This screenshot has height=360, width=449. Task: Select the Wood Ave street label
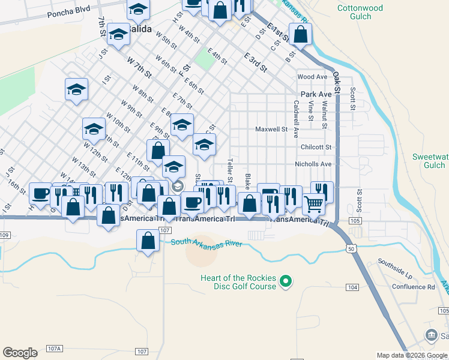tap(312, 77)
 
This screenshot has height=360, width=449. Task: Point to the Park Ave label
tap(316, 94)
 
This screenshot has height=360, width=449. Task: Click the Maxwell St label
tap(271, 129)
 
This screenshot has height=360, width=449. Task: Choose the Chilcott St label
tap(316, 147)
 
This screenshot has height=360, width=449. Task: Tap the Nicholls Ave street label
tap(313, 164)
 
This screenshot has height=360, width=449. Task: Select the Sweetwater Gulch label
tap(430, 161)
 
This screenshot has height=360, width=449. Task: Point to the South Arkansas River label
tap(206, 243)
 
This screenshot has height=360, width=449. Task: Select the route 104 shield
tap(352, 288)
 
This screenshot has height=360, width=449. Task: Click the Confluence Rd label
tap(414, 287)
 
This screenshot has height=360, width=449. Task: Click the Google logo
tap(20, 353)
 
